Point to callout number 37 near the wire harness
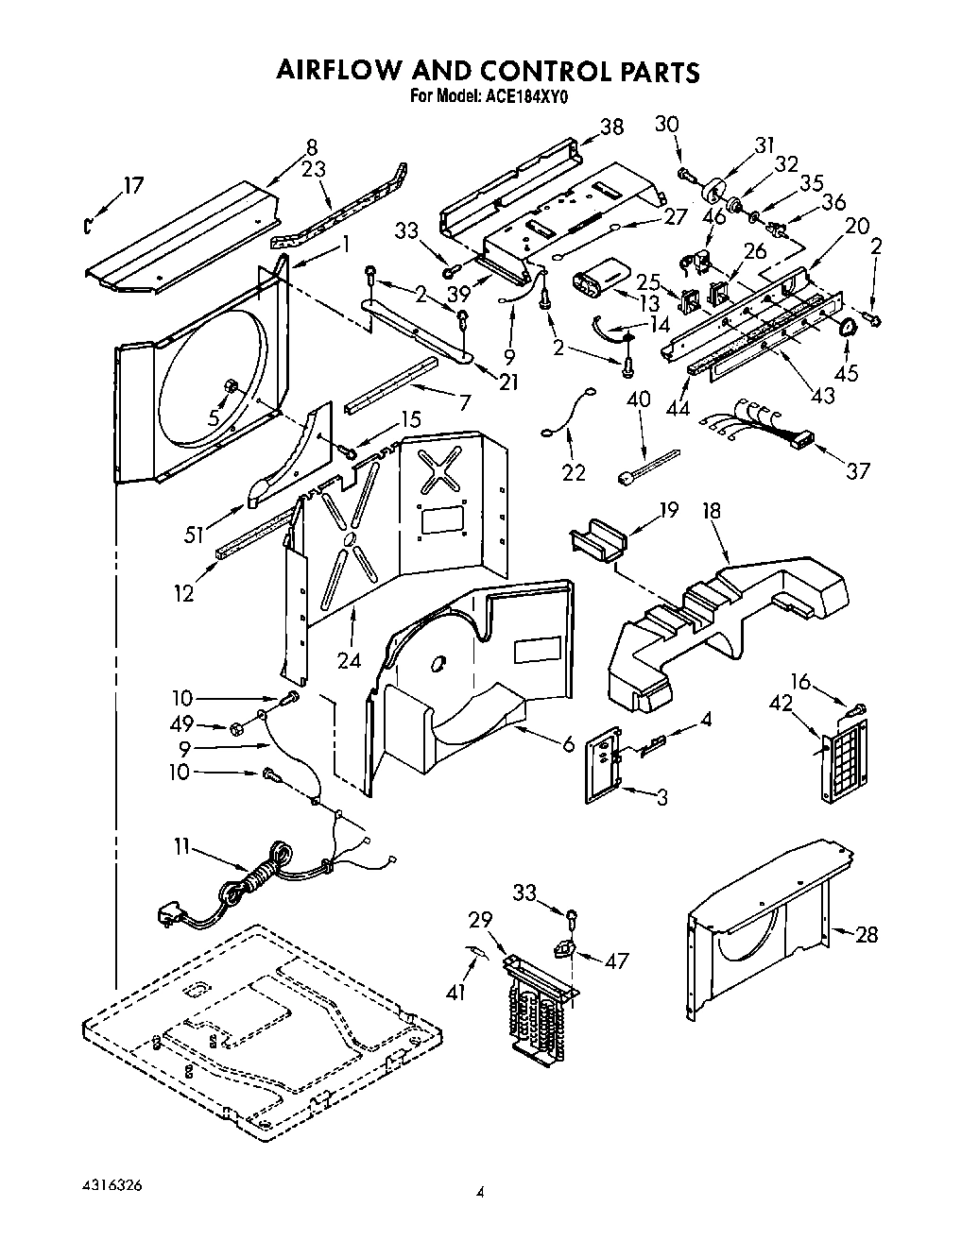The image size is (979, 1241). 857,469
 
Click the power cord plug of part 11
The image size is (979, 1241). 169,913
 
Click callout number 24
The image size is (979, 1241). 350,660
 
